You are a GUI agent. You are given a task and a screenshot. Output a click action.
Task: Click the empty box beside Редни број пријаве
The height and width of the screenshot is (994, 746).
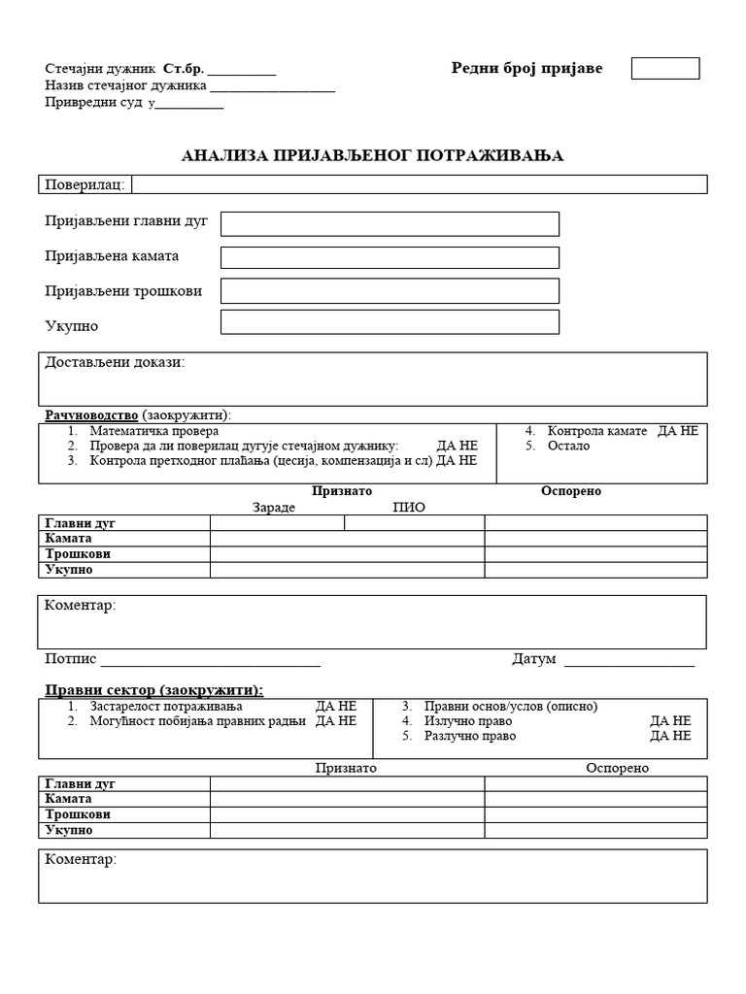[x=665, y=68]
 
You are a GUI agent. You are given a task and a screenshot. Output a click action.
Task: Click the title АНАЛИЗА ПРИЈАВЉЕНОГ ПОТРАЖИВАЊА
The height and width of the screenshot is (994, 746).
[x=372, y=155]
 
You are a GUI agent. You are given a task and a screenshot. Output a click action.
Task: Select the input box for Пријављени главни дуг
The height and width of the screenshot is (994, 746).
[x=390, y=224]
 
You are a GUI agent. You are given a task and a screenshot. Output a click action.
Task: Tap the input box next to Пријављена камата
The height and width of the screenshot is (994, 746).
[x=390, y=257]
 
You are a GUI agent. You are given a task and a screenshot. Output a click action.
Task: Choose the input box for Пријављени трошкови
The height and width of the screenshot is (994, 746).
[x=390, y=290]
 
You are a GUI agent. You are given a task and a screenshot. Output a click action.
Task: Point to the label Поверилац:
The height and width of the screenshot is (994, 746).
[x=85, y=184]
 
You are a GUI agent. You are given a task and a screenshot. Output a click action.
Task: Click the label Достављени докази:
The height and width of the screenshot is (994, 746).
[x=114, y=363]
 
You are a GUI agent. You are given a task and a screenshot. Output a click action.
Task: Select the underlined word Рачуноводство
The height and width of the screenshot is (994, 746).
[x=91, y=415]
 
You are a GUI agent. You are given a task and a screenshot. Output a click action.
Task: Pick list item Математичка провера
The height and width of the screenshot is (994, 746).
[x=153, y=431]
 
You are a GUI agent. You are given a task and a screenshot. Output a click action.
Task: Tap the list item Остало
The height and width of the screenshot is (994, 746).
[x=568, y=446]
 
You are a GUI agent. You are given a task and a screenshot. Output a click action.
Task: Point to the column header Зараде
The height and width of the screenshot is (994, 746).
[x=273, y=507]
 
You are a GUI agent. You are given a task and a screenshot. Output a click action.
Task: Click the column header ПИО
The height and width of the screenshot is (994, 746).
[x=408, y=507]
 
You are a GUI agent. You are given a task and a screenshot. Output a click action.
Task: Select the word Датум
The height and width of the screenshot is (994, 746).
[x=533, y=659]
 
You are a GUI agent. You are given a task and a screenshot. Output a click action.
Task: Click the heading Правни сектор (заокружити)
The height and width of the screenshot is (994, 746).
[x=154, y=689]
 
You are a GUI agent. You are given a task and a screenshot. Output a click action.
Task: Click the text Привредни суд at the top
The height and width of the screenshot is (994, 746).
[x=93, y=102]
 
